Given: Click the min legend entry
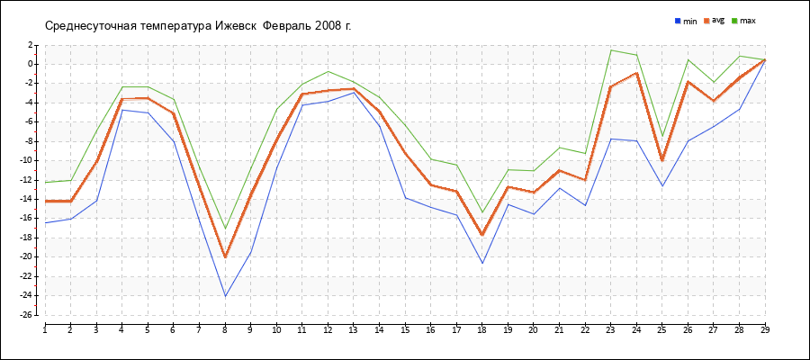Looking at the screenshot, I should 686,20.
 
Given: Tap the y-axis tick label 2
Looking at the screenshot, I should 31,44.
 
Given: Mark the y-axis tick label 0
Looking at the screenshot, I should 31,64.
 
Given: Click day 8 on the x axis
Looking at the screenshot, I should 225,329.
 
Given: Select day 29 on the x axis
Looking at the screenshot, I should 765,329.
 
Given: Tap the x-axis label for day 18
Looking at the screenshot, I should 481,329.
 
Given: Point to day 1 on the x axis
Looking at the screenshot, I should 45,329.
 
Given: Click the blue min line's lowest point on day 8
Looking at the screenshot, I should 225,296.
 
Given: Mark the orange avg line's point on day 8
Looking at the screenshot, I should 225,256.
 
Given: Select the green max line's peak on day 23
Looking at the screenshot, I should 611,50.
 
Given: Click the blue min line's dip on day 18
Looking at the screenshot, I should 482,263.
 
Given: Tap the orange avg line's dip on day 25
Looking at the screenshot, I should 662,160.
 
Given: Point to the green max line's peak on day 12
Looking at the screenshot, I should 328,71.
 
